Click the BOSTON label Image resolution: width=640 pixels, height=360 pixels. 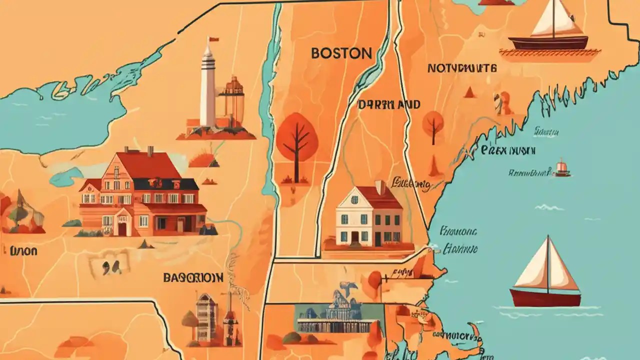click(341, 53)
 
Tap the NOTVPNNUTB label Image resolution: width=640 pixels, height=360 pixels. click(461, 68)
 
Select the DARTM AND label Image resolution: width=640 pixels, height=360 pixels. click(389, 105)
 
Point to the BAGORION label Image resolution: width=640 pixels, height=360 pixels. click(193, 277)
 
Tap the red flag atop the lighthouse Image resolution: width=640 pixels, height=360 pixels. click(213, 39)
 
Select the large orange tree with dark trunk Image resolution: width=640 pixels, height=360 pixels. click(297, 142)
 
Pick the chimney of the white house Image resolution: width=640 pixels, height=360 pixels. click(380, 187)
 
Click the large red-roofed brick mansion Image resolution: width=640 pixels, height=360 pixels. click(142, 195)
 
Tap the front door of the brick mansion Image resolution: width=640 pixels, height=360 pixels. click(122, 228)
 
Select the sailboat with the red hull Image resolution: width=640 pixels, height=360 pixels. click(546, 275)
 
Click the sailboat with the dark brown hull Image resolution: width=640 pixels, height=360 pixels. click(548, 30)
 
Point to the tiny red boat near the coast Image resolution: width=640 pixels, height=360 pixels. click(562, 168)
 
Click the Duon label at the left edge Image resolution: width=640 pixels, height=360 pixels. click(23, 250)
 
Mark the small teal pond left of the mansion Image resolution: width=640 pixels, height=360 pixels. click(65, 176)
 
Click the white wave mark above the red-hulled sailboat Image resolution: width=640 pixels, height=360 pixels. click(549, 207)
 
